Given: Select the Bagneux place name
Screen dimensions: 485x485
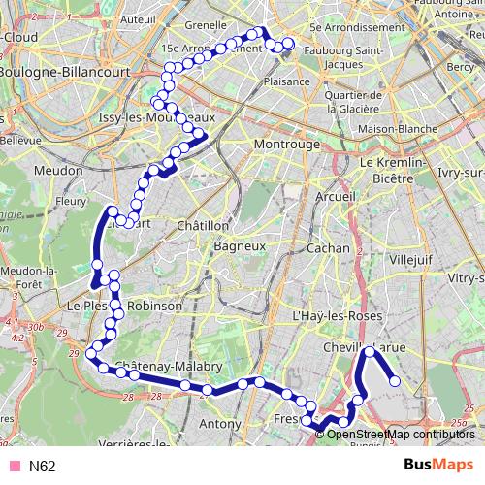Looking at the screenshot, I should pos(240,247).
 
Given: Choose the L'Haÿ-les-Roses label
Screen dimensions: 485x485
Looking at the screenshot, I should pos(333,317).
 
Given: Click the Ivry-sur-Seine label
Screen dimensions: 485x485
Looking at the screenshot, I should pos(461,172).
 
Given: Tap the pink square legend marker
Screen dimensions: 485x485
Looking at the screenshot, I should pos(14,467).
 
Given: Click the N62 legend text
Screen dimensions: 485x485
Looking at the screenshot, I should pos(42,467).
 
